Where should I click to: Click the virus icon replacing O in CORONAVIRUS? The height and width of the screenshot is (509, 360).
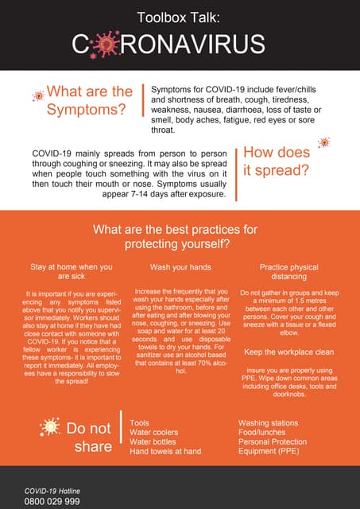pyautogui.click(x=103, y=45)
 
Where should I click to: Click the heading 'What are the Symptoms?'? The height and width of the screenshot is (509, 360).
pyautogui.click(x=89, y=100)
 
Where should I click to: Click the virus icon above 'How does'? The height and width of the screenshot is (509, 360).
pyautogui.click(x=323, y=142)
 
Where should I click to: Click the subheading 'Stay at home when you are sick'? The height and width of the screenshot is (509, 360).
pyautogui.click(x=72, y=272)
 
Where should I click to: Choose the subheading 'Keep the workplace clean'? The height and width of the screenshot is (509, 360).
pyautogui.click(x=288, y=352)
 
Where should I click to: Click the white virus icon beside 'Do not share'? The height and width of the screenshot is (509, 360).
pyautogui.click(x=49, y=427)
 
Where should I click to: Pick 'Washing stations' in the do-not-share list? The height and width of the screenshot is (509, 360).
pyautogui.click(x=271, y=423)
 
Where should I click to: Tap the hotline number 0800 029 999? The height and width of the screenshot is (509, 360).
pyautogui.click(x=52, y=501)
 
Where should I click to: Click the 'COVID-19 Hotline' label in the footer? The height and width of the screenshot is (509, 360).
pyautogui.click(x=52, y=490)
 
